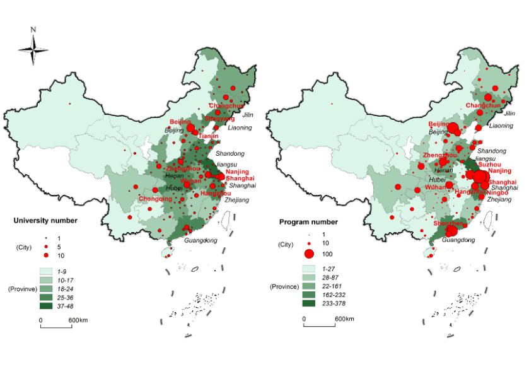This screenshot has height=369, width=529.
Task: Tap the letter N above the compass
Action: (x=33, y=29)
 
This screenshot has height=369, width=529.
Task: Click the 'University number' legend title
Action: (x=46, y=221)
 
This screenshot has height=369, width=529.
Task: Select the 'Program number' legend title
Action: (x=308, y=222)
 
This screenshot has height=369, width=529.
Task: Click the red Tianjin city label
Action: (x=208, y=136)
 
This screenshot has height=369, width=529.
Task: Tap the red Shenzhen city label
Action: (x=449, y=223)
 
